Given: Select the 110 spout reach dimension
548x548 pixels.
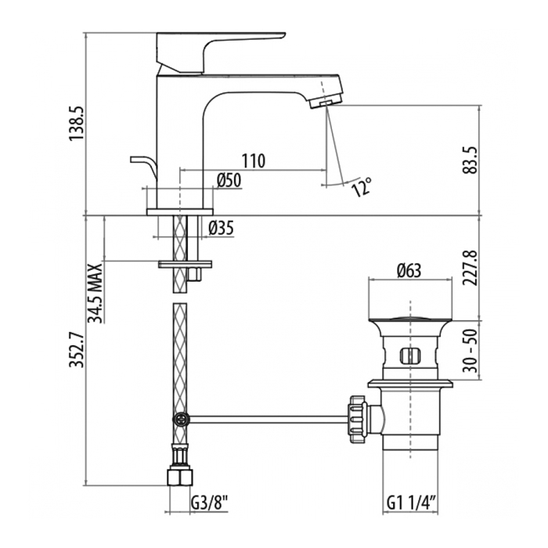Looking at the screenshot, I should point(252,161).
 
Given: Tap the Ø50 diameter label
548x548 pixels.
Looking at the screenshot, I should point(229,180).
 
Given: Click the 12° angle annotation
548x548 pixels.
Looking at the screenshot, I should point(361,187).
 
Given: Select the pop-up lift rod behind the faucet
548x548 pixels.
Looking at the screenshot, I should point(142,164).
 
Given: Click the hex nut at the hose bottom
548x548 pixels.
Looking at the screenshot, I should point(180,477).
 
